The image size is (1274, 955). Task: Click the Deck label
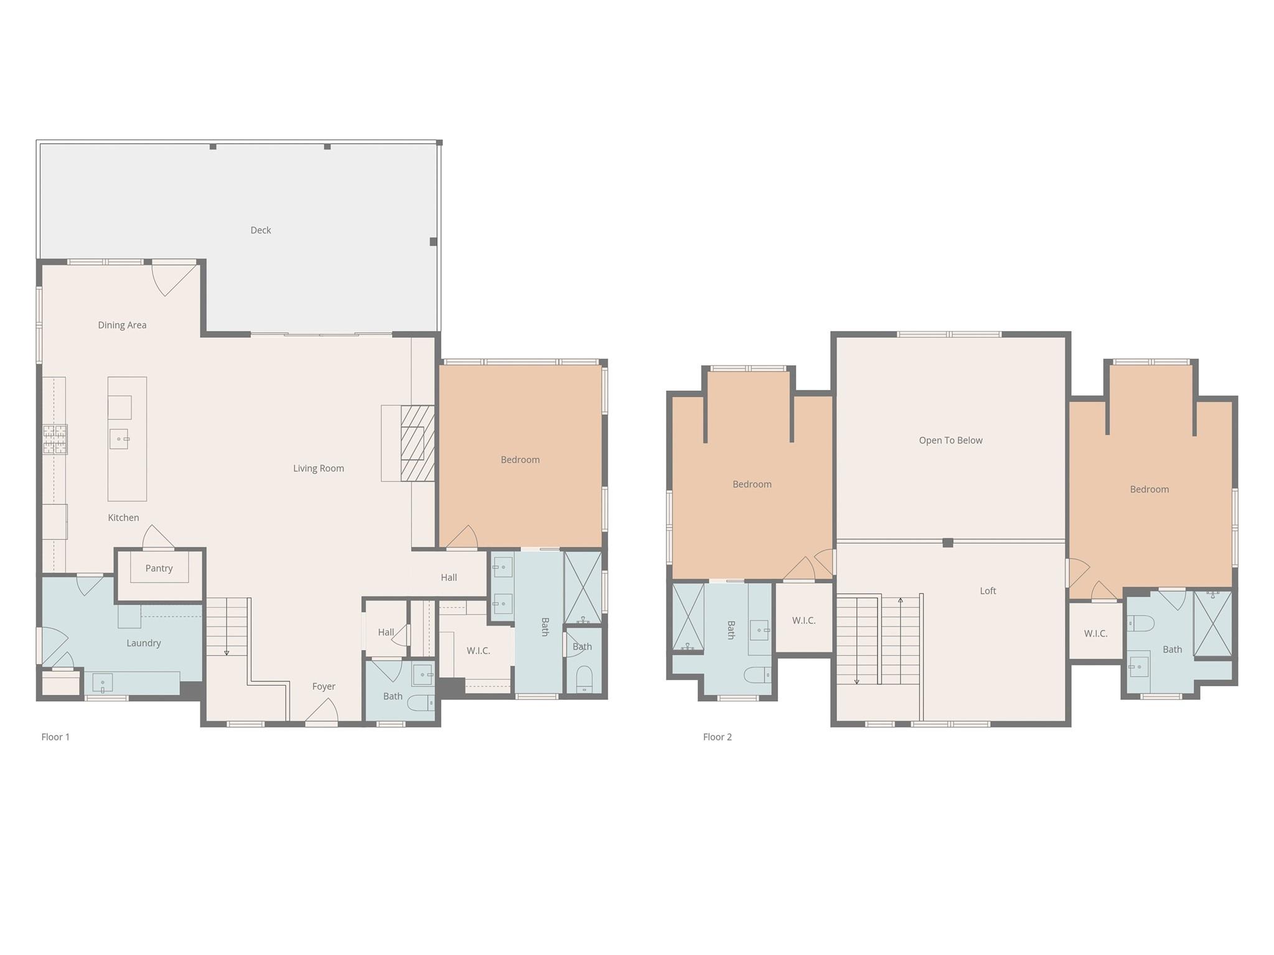[261, 230]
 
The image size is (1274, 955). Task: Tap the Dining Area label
[122, 325]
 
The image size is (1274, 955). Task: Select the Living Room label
[319, 468]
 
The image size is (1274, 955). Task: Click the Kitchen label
[123, 518]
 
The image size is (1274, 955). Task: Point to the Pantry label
[159, 569]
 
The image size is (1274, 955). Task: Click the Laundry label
[144, 643]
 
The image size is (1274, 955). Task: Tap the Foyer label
[324, 686]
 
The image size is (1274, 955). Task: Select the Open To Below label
[950, 440]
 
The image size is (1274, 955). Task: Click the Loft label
[988, 591]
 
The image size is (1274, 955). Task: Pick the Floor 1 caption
[55, 737]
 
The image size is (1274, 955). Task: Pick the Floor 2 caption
[717, 737]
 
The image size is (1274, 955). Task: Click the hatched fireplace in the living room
[417, 443]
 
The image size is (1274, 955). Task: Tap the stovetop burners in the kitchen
[55, 439]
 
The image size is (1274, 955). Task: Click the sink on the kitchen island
[119, 439]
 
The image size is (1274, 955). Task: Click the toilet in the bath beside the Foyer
[421, 703]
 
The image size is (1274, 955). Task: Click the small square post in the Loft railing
[948, 543]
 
